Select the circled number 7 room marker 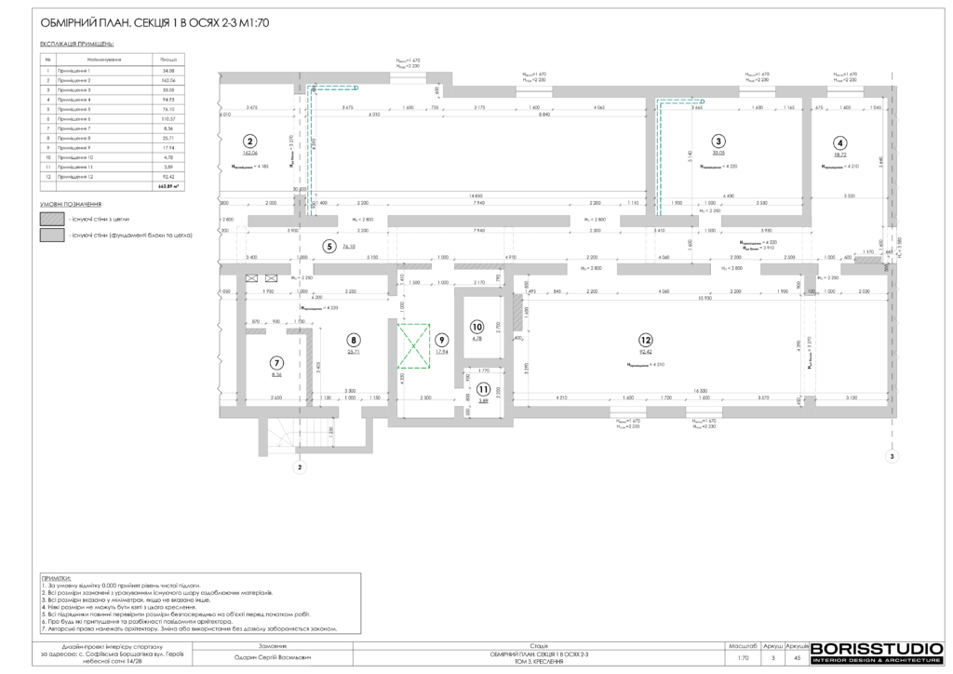click(275, 362)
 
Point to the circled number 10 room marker click(477, 327)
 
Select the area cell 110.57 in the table click(168, 119)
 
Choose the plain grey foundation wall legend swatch click(50, 236)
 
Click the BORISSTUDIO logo click(878, 652)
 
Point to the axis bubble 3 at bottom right click(891, 457)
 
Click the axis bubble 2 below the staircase click(300, 468)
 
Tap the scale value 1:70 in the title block click(742, 657)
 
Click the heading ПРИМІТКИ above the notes click(57, 578)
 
